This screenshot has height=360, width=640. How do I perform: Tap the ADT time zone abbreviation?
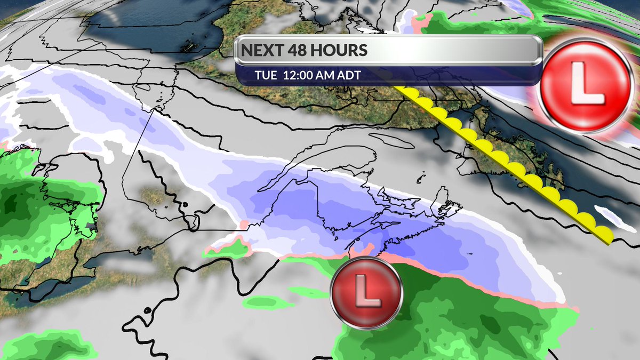click(350, 75)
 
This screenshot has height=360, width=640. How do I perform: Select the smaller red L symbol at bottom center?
click(365, 293)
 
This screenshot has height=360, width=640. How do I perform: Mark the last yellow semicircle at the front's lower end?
click(603, 233)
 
